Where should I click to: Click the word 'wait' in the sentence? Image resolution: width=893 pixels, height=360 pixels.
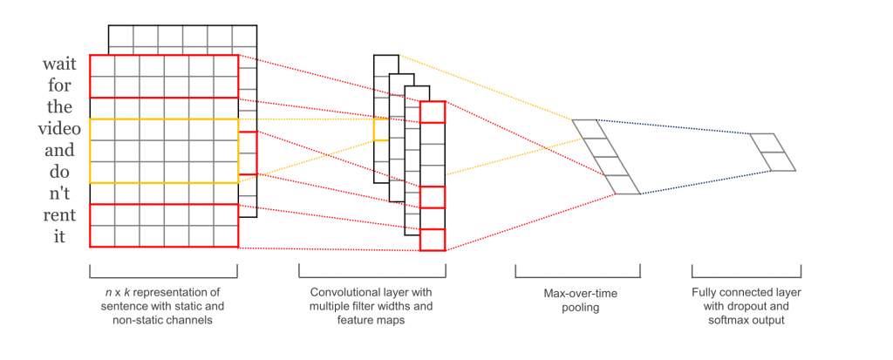pyautogui.click(x=59, y=65)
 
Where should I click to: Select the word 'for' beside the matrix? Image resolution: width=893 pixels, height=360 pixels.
pyautogui.click(x=59, y=86)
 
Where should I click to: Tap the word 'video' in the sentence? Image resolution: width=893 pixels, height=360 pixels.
pyautogui.click(x=59, y=129)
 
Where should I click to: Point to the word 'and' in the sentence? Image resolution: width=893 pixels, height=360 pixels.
pyautogui.click(x=59, y=150)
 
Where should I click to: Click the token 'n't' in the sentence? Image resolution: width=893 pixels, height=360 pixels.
pyautogui.click(x=59, y=194)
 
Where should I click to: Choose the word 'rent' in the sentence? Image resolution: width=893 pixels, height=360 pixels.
pyautogui.click(x=59, y=214)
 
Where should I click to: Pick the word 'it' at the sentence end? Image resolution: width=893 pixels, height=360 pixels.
pyautogui.click(x=59, y=236)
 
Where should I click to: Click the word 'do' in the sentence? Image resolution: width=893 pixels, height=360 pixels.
pyautogui.click(x=59, y=172)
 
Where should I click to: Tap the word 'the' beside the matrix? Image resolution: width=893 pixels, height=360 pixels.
pyautogui.click(x=59, y=108)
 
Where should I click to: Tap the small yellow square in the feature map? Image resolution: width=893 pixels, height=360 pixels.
pyautogui.click(x=380, y=130)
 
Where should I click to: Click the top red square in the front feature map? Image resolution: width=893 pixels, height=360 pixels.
pyautogui.click(x=432, y=112)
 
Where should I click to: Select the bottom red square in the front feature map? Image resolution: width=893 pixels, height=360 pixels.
pyautogui.click(x=432, y=240)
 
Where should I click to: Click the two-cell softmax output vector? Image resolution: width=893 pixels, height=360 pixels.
pyautogui.click(x=773, y=153)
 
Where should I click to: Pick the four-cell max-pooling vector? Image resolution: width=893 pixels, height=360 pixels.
pyautogui.click(x=606, y=157)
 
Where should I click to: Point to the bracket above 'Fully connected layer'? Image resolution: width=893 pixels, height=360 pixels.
pyautogui.click(x=746, y=270)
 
